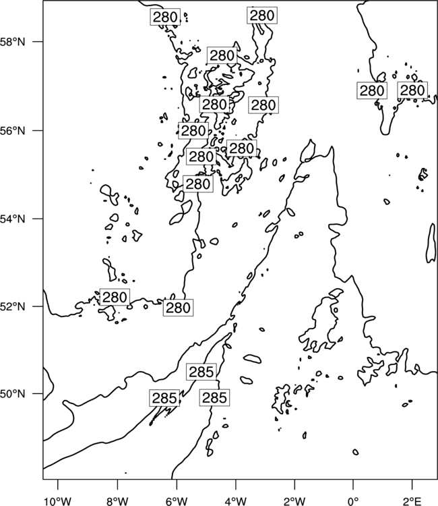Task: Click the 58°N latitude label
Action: (x=13, y=42)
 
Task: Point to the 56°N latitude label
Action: (x=13, y=131)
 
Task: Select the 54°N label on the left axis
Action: (x=13, y=219)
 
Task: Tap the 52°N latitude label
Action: (x=13, y=306)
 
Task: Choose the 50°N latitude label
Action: (x=13, y=394)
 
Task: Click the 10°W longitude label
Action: (x=58, y=501)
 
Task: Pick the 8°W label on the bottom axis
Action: (x=117, y=501)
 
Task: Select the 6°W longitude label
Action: (x=177, y=501)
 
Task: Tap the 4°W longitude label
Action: (x=235, y=501)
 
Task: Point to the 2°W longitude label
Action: (x=294, y=501)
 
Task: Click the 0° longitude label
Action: (x=353, y=501)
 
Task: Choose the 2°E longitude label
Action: (x=412, y=501)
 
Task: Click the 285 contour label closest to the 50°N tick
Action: (x=164, y=398)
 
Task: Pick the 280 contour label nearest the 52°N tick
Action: (x=115, y=298)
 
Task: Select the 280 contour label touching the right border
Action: (x=412, y=90)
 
